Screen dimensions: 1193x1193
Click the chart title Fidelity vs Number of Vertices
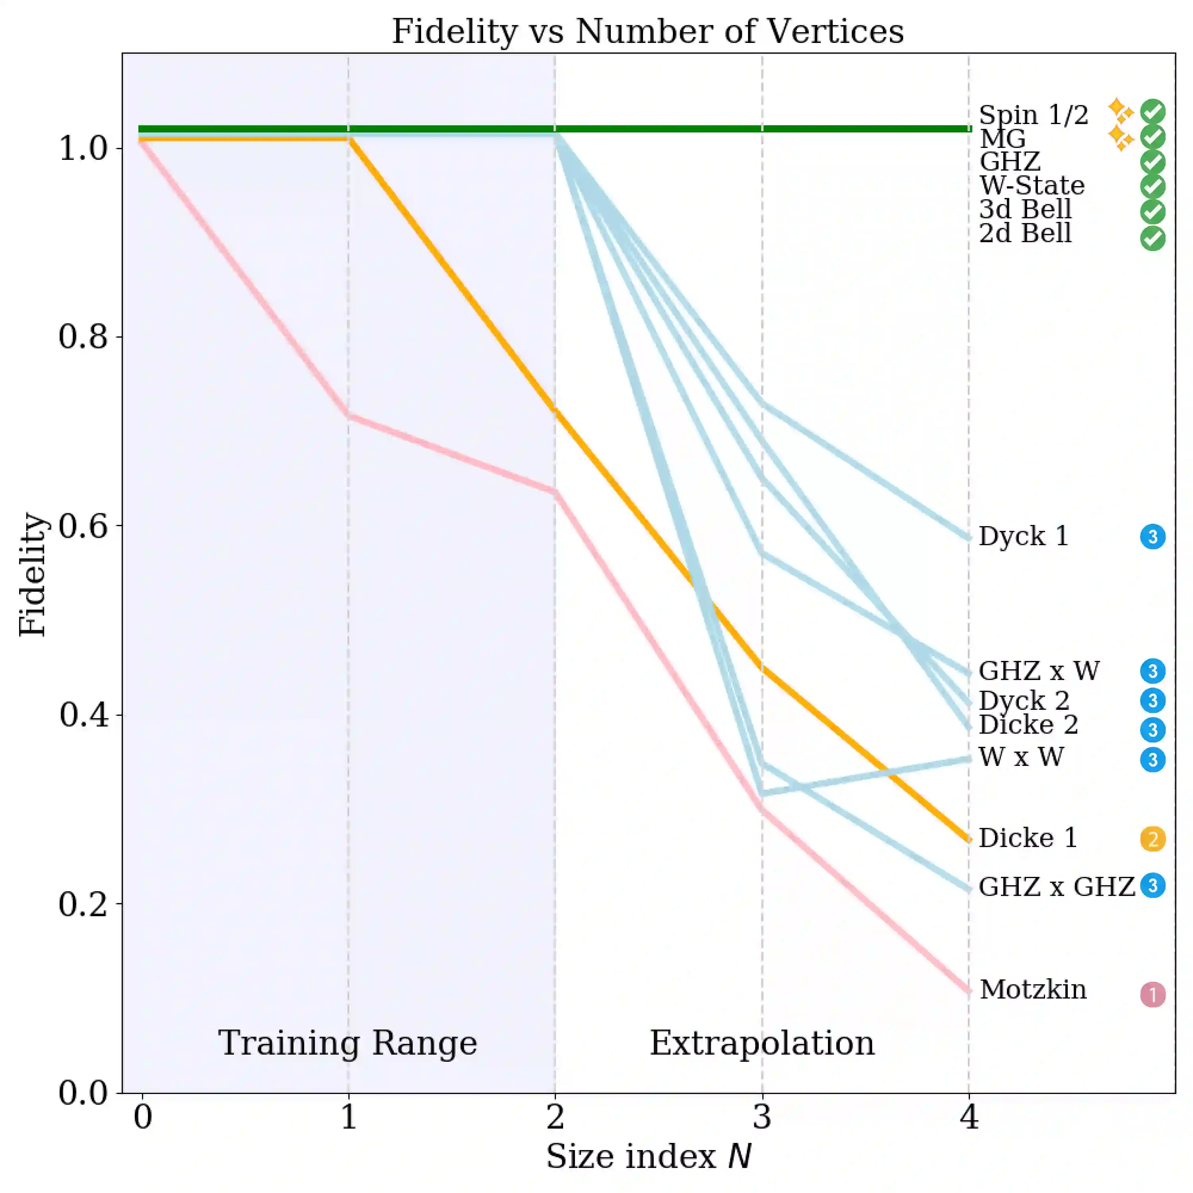point(648,31)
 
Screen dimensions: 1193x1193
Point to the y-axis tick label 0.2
point(83,904)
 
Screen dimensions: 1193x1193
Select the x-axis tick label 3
point(762,1116)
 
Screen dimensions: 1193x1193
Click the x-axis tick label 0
point(143,1116)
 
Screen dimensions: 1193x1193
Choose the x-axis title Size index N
point(648,1156)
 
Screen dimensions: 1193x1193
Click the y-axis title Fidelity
point(32,574)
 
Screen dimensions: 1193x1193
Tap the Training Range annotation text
point(348,1043)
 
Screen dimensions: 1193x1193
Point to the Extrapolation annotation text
point(762,1043)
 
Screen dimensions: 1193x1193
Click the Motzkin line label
point(1032,989)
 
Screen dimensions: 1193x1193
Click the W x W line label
point(1021,757)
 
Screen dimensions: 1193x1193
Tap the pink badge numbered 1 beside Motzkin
point(1152,994)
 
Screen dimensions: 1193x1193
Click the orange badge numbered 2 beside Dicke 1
point(1152,839)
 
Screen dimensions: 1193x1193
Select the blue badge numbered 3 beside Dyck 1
point(1152,536)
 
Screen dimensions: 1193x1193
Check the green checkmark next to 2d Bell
point(1152,238)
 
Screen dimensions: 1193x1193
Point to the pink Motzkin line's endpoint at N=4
point(968,990)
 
